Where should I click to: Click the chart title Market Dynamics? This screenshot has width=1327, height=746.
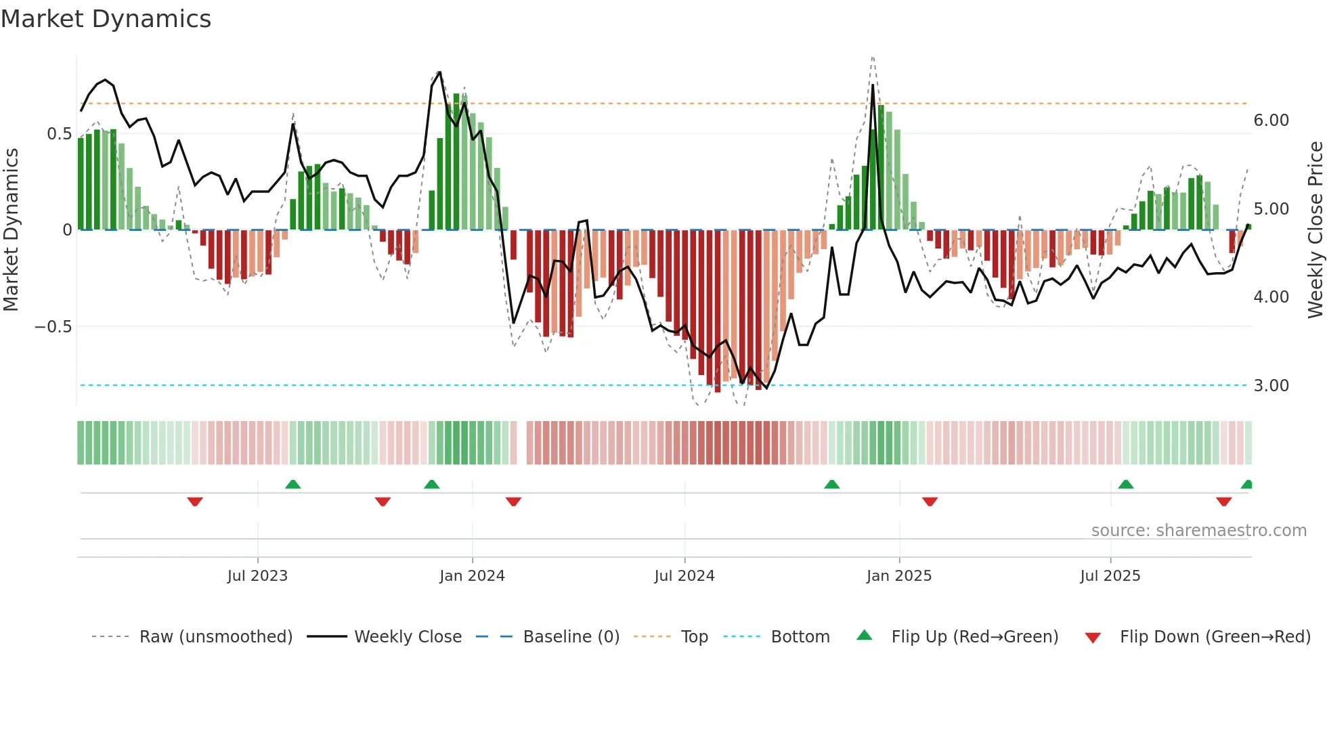coord(106,19)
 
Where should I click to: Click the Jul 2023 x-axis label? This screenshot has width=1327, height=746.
coord(257,576)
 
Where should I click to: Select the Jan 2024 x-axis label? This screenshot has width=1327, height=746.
coord(472,576)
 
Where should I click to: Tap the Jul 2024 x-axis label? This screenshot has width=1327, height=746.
coord(684,576)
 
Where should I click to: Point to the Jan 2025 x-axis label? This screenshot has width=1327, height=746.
coord(898,576)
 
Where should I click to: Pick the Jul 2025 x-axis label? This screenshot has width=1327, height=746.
coord(1110,576)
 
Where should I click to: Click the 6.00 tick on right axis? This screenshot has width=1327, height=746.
coord(1271,120)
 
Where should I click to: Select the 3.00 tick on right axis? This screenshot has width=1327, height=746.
coord(1271,386)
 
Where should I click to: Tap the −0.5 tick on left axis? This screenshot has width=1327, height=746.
coord(53,327)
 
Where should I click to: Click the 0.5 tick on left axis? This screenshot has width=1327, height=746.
coord(59,134)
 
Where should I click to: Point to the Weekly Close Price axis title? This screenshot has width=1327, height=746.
coord(1315,230)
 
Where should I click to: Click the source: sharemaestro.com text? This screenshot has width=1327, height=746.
coord(1198,531)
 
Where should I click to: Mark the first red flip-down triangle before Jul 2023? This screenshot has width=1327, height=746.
coord(195,502)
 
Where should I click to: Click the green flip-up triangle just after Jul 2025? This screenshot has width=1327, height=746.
coord(1125,484)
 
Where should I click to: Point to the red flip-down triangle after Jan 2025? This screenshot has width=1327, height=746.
coord(930,502)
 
